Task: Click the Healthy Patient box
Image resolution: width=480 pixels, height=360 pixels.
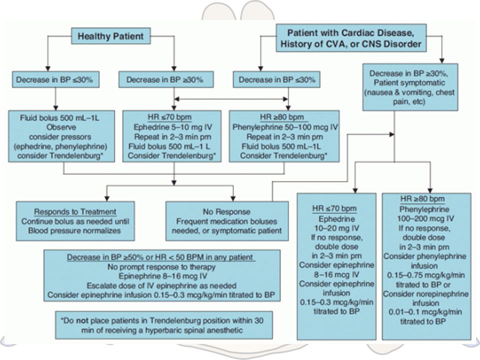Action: pos(111,36)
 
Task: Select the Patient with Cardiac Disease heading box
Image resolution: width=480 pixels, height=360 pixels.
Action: pos(351,38)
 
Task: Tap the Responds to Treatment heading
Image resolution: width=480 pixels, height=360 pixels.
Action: pos(75,211)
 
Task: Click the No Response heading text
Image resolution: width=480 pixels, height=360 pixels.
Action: pos(226,211)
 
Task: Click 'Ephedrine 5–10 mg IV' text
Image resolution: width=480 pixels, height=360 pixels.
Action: pos(172,127)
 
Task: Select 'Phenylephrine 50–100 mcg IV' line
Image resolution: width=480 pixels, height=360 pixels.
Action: pos(285,127)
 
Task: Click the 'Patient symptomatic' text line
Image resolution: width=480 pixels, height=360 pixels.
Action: pos(409,83)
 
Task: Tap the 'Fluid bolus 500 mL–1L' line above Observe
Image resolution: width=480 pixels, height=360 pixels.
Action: pos(59,118)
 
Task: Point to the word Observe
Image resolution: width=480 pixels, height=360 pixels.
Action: pos(61,127)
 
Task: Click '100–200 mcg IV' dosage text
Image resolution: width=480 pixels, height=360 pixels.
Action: pos(425,219)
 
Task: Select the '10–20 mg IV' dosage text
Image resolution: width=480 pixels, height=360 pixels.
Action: pos(336,228)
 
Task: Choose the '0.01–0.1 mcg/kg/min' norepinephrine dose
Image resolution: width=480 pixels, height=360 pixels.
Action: pos(425,312)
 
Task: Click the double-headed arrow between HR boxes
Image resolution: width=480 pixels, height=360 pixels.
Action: pos(231,99)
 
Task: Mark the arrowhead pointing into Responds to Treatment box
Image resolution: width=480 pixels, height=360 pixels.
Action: pos(106,198)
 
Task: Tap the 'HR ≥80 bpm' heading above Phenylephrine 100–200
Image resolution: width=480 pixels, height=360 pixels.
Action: pos(422,198)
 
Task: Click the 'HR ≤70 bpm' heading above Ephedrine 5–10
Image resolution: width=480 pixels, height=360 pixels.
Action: pos(169,117)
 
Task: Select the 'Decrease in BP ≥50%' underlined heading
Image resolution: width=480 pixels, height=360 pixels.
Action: pos(161,257)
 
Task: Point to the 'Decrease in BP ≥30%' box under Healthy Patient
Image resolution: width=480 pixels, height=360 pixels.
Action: pos(166,79)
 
